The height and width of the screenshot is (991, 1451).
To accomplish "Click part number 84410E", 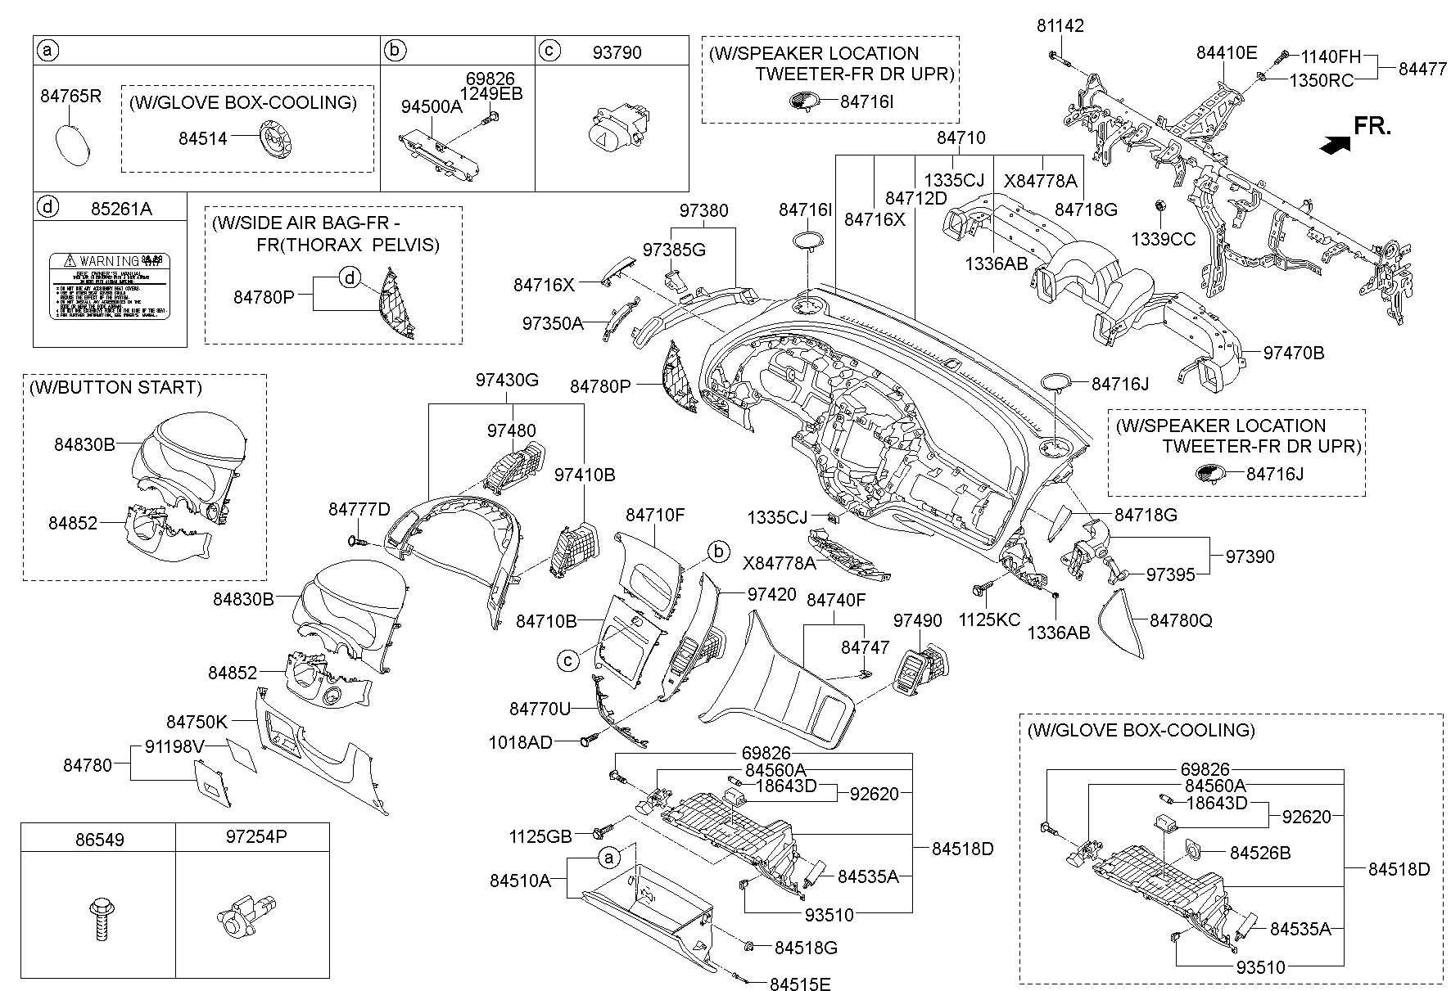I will coord(1226,53).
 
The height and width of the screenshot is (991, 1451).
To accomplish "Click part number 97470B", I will coord(1293,354).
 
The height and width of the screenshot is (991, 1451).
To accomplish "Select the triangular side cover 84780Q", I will coord(1123,622).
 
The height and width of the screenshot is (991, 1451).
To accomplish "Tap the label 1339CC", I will coord(1164,240).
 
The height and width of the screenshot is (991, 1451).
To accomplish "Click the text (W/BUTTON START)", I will coord(115,387).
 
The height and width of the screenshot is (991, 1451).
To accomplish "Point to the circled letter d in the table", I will coord(48,209).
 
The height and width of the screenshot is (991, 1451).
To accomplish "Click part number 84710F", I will coord(654,516).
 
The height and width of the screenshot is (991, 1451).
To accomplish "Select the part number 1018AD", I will coord(521,742).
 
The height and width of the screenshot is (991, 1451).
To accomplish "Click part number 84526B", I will coord(1260,853).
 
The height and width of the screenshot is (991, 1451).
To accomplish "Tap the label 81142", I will coord(1060,26).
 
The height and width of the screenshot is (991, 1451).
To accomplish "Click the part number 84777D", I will coord(359,509).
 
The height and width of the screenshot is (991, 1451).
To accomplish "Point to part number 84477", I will coord(1422,69).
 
